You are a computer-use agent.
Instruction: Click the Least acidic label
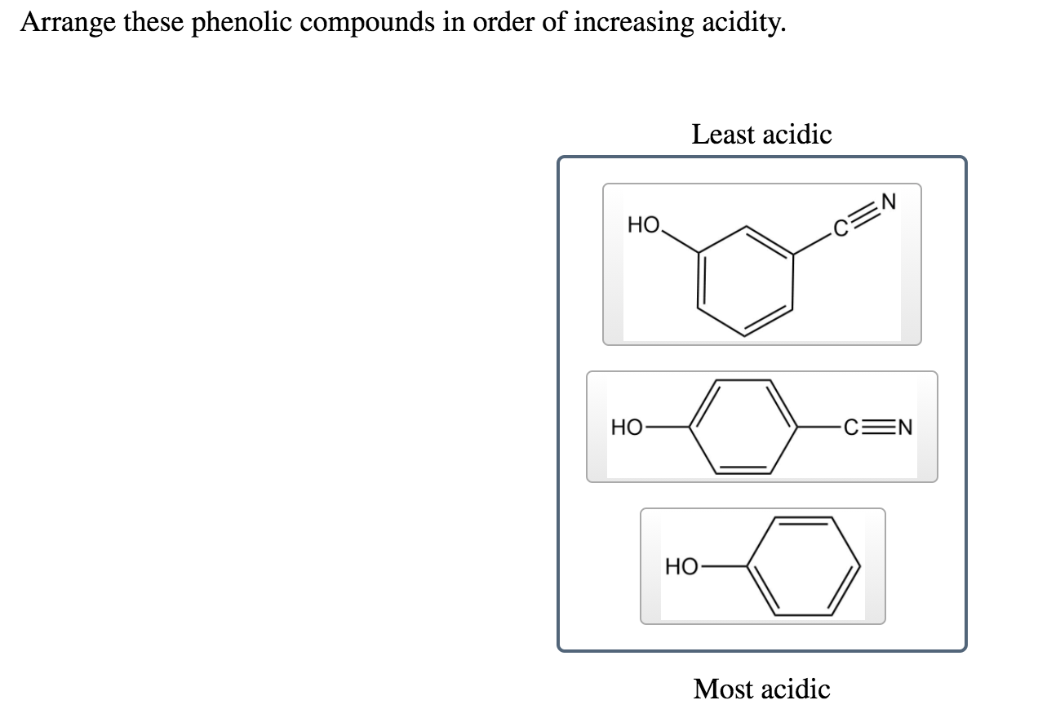(761, 134)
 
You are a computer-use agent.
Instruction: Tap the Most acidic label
(761, 689)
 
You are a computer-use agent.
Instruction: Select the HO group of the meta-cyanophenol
(644, 223)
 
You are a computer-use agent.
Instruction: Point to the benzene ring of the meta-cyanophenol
(745, 281)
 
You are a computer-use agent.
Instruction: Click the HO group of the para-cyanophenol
(627, 427)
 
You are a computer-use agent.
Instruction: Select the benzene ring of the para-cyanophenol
(744, 426)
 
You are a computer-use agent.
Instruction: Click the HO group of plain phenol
(681, 566)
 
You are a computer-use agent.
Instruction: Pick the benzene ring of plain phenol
(804, 565)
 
